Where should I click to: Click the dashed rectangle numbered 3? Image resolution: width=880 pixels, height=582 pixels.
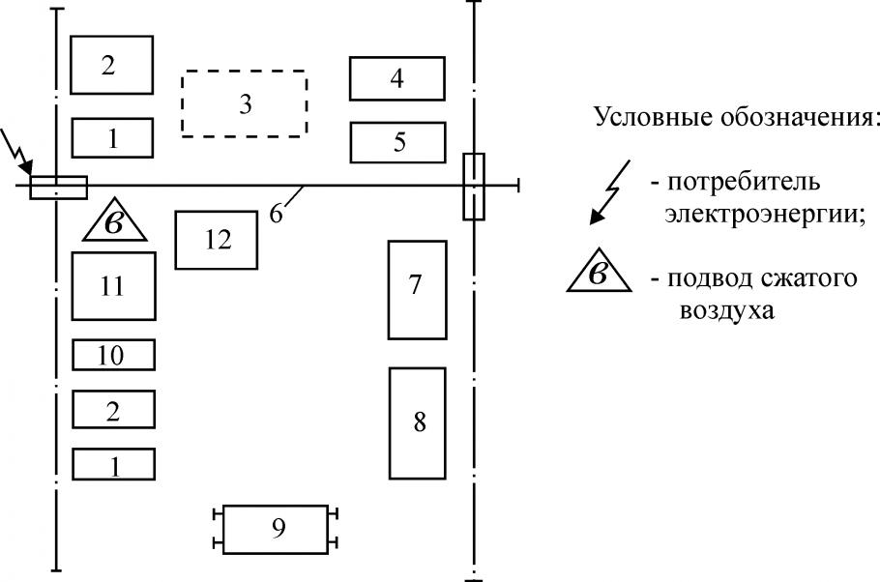244,102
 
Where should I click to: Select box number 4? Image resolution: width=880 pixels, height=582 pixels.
397,78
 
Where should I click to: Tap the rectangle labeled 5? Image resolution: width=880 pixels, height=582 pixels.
397,142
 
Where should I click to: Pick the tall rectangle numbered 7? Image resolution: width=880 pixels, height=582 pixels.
417,290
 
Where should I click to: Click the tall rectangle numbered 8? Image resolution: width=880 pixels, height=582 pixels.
417,422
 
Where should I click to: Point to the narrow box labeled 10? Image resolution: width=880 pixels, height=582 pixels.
113,355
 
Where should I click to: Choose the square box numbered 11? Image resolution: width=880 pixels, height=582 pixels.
113,285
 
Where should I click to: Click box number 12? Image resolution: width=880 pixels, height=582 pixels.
216,240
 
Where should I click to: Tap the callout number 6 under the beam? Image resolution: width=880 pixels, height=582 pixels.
276,214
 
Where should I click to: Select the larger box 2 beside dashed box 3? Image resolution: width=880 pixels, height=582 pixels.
112,65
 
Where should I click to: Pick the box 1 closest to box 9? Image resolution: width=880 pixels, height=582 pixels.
113,464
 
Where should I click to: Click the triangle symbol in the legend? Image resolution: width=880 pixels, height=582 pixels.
599,275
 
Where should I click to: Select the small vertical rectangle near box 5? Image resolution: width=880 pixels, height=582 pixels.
473,186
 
